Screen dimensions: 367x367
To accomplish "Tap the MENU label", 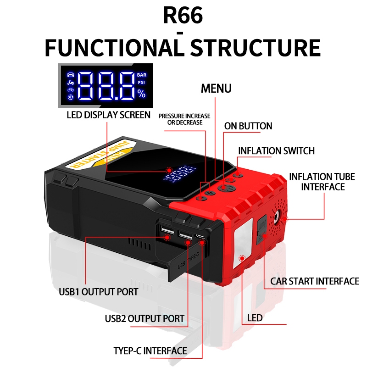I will [x=216, y=88].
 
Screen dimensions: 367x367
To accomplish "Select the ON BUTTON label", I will [x=248, y=126].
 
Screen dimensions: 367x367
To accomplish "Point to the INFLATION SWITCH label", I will [x=276, y=151].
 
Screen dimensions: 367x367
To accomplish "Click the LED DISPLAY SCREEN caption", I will [x=108, y=115].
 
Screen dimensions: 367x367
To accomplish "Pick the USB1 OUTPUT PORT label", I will [x=98, y=291].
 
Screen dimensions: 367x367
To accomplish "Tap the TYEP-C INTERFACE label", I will [x=150, y=351].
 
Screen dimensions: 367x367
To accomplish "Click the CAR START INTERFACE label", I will [x=314, y=281].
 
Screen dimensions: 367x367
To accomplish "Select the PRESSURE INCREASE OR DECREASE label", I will [x=184, y=119].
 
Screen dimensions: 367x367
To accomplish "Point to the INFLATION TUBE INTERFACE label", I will [x=317, y=181].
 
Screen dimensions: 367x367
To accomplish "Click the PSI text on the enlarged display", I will [x=141, y=83].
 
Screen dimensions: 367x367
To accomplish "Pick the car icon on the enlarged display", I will [x=70, y=74].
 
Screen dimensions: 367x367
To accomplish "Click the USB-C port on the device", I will [x=200, y=237].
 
